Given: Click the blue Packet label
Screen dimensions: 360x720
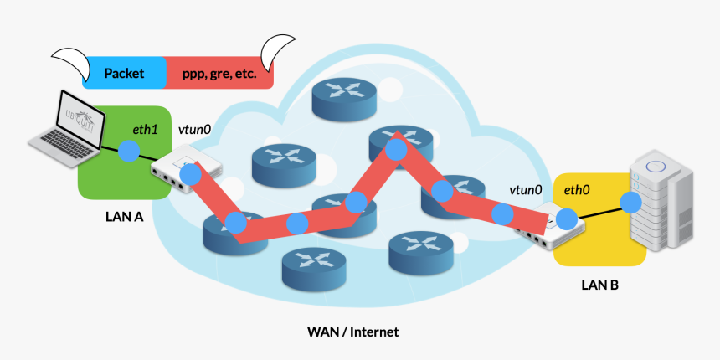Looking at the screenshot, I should coord(125,74).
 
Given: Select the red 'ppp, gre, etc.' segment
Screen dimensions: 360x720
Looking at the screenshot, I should coord(219,74).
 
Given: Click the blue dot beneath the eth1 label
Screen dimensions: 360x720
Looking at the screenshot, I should coord(128,152).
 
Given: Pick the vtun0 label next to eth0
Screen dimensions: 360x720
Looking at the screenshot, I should coord(526,191).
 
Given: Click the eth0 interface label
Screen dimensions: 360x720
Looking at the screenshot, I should coord(576,191).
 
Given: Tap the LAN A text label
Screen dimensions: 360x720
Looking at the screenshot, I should coord(125,217).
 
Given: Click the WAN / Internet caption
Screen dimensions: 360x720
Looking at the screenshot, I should coord(352,332).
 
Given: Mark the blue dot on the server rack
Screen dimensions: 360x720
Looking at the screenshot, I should coord(630,202).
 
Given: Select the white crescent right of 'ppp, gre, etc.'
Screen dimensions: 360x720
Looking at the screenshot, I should coord(278,54).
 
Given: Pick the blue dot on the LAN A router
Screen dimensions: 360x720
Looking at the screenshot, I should coord(191,175).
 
